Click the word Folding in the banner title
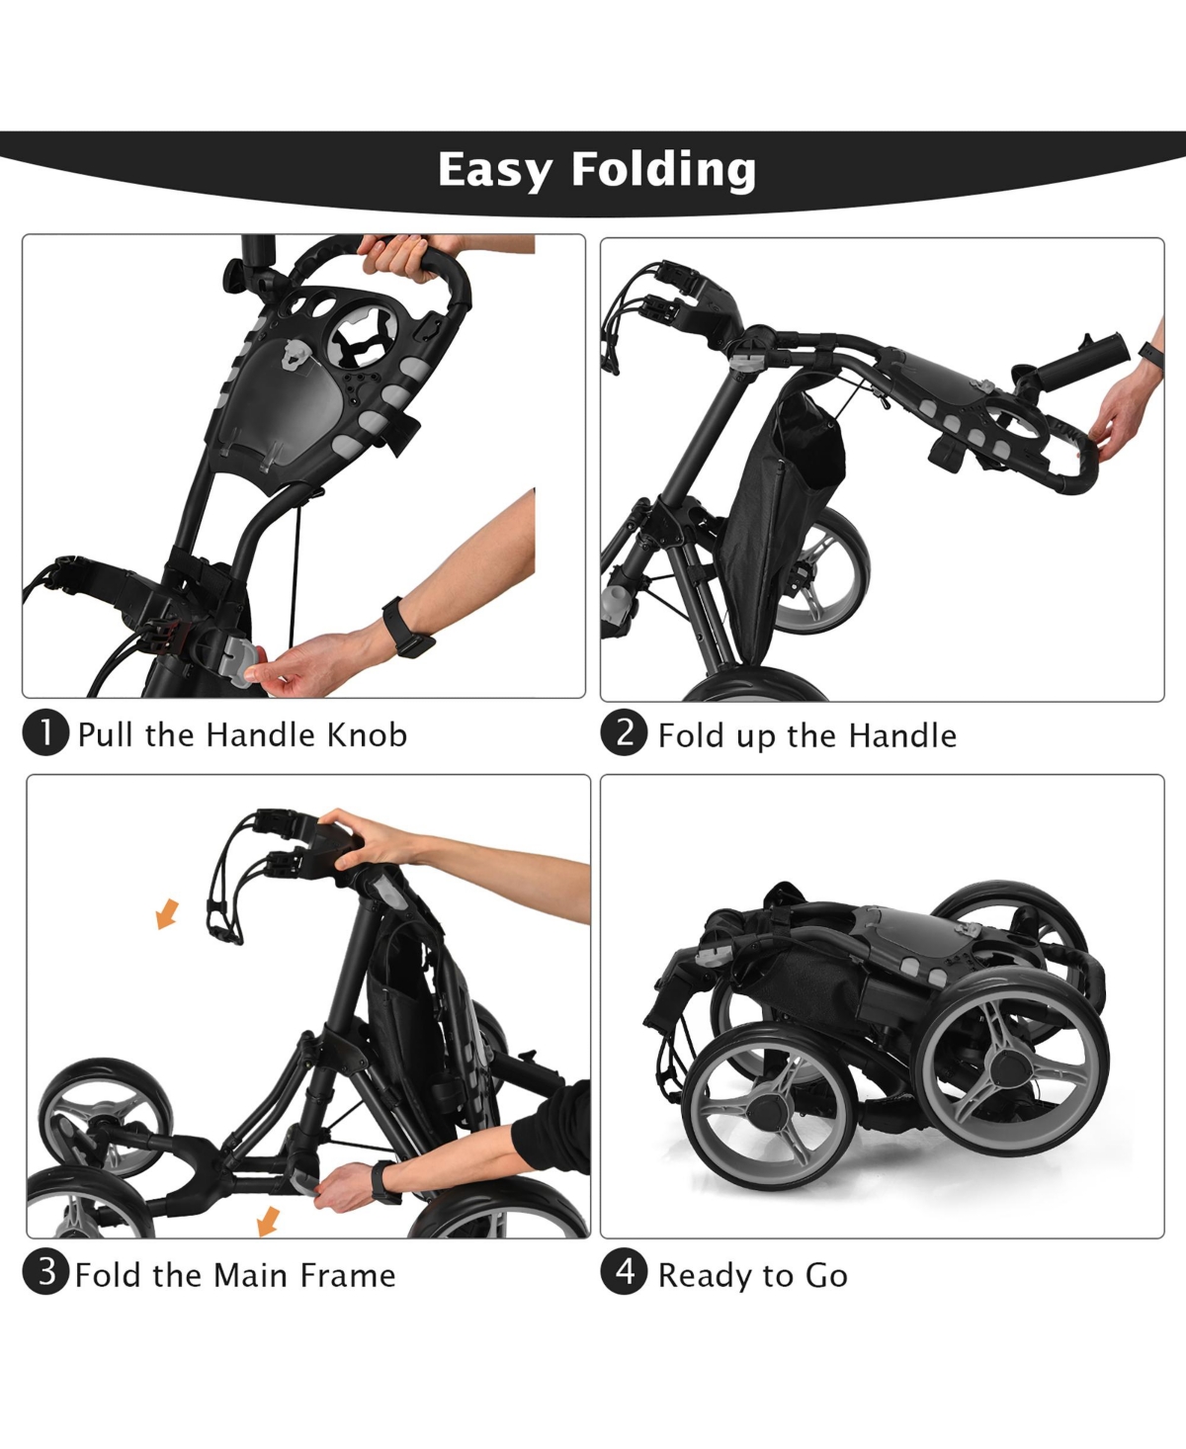(x=664, y=170)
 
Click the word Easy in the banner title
(x=495, y=170)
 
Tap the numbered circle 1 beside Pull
(x=45, y=733)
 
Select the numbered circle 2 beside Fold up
(x=624, y=733)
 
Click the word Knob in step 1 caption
(x=367, y=734)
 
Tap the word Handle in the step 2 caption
(x=902, y=735)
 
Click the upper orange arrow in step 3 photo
(x=167, y=914)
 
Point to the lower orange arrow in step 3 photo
(x=268, y=1221)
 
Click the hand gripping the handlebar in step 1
(x=398, y=256)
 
